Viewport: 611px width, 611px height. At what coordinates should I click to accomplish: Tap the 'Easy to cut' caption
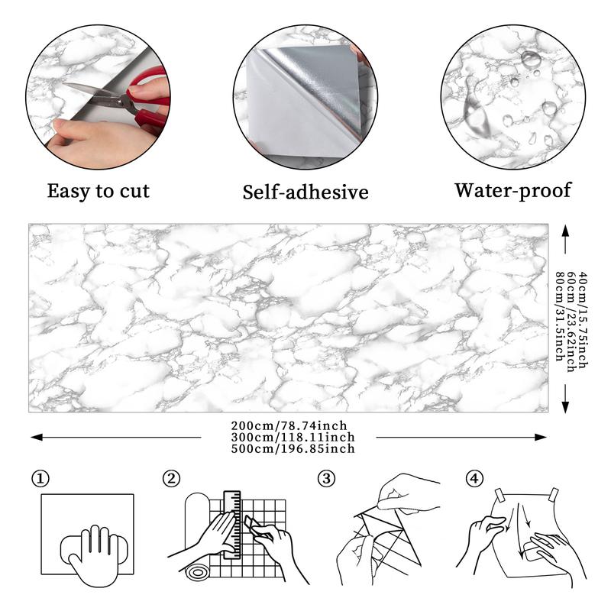[x=99, y=192]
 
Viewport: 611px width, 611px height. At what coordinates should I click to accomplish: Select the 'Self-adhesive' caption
[x=305, y=192]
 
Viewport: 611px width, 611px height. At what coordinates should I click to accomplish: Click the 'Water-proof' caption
[x=512, y=191]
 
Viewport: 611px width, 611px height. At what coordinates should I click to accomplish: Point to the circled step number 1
[x=40, y=479]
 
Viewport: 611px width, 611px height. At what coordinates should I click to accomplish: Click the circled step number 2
[x=171, y=479]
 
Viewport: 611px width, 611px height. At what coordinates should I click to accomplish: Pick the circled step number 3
[x=327, y=479]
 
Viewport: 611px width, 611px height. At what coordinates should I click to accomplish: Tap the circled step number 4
[x=474, y=479]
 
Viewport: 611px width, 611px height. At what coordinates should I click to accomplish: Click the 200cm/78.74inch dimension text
[x=289, y=425]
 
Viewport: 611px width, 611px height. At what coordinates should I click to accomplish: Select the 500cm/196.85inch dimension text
[x=293, y=448]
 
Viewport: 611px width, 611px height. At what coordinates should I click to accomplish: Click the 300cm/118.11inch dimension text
[x=293, y=437]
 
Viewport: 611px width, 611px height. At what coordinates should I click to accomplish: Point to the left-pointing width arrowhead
[x=36, y=437]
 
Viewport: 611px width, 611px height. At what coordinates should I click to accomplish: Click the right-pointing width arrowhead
[x=541, y=437]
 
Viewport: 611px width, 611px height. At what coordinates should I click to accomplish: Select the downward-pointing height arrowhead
[x=565, y=407]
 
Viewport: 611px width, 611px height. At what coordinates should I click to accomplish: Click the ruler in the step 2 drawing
[x=232, y=525]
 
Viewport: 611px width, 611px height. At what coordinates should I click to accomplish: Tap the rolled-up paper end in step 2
[x=197, y=572]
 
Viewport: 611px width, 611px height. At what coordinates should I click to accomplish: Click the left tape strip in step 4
[x=499, y=495]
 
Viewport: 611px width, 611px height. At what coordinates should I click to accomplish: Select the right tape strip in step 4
[x=554, y=494]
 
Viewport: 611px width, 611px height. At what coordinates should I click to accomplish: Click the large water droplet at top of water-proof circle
[x=531, y=59]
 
